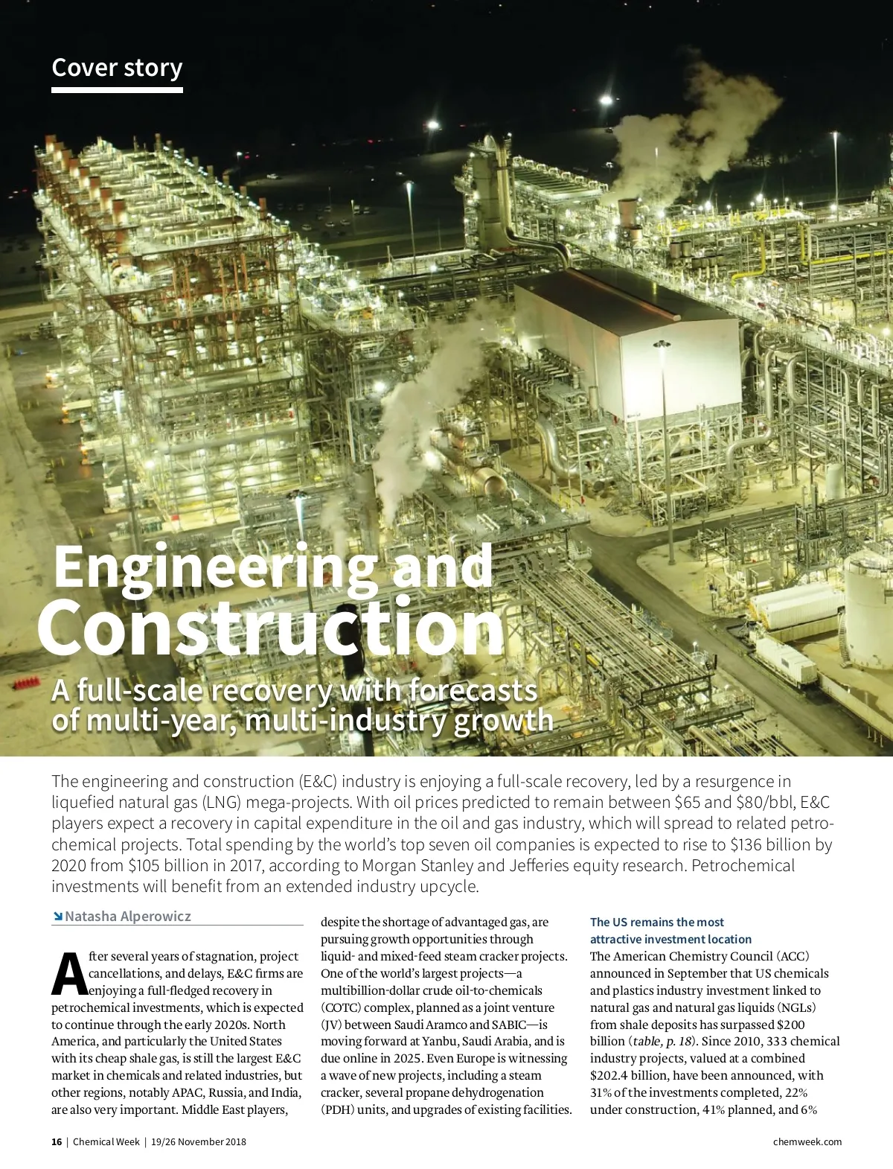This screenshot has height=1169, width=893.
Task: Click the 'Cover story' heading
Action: (x=117, y=68)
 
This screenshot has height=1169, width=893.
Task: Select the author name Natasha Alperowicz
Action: (x=128, y=916)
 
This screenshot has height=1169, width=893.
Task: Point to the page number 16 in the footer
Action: (x=57, y=1141)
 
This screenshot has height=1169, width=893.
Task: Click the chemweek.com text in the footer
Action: (x=807, y=1141)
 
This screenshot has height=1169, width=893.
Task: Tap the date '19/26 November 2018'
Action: (x=198, y=1141)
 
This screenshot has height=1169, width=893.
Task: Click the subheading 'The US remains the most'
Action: (x=656, y=922)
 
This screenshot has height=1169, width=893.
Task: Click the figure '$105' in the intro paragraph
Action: (x=144, y=865)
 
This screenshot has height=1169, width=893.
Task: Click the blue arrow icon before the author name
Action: (x=57, y=916)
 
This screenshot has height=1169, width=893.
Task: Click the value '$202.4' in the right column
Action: (x=609, y=1075)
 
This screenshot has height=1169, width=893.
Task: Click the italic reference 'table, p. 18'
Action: (x=662, y=1041)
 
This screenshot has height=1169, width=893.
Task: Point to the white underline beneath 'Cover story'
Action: (x=117, y=90)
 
